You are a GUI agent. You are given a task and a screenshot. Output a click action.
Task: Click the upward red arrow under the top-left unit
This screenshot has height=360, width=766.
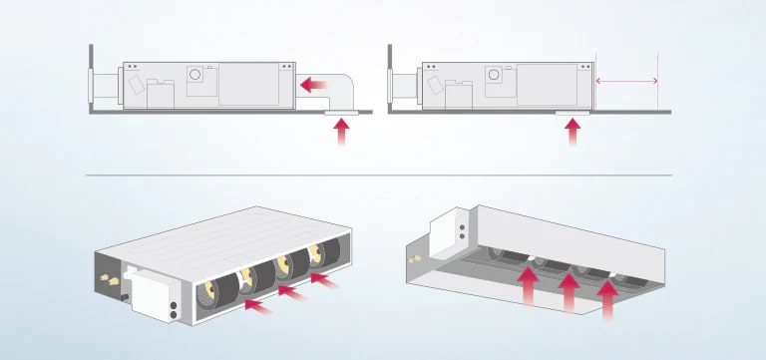coord(343,134)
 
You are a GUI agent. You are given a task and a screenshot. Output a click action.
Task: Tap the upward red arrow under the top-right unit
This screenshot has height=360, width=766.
coord(573,134)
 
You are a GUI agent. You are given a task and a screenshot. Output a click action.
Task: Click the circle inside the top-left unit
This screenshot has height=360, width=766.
coord(196,74)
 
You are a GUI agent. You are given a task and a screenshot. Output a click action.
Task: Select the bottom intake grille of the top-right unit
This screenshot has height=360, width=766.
coord(572,113)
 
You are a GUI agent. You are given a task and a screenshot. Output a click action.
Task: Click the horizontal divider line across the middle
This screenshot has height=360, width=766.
coord(379,175)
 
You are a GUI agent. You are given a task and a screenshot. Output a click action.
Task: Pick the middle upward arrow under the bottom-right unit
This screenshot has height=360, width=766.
coord(569,293)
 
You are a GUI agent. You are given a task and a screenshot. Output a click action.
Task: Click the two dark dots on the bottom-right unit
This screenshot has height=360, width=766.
coord(461,234)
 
